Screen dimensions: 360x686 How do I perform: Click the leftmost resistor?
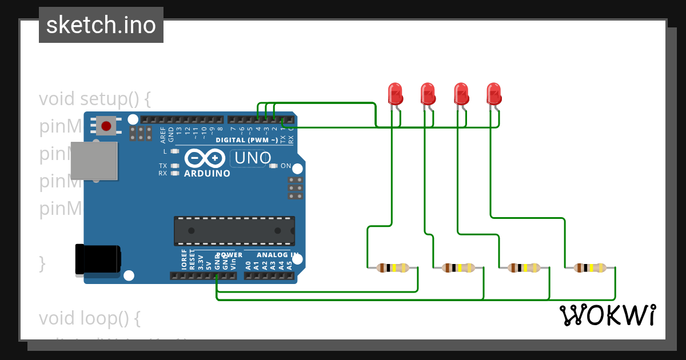tap(393, 267)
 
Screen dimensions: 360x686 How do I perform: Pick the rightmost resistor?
tap(591, 267)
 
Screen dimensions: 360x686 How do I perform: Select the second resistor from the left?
tap(458, 267)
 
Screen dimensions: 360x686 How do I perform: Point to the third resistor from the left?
tap(524, 267)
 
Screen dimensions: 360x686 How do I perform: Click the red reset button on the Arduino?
tap(106, 126)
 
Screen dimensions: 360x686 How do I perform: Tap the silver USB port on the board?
tap(94, 161)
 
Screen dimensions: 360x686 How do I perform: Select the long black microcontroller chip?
tap(234, 230)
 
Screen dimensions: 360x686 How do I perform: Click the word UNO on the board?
tap(251, 158)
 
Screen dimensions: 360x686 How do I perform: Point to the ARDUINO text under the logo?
tap(207, 173)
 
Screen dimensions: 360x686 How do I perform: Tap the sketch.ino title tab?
tap(101, 25)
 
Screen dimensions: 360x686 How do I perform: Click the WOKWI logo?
tap(607, 315)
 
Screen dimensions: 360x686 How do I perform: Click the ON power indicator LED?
tap(273, 166)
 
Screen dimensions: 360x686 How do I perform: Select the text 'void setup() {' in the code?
tap(95, 99)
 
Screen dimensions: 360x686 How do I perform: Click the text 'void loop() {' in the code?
tap(89, 317)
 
